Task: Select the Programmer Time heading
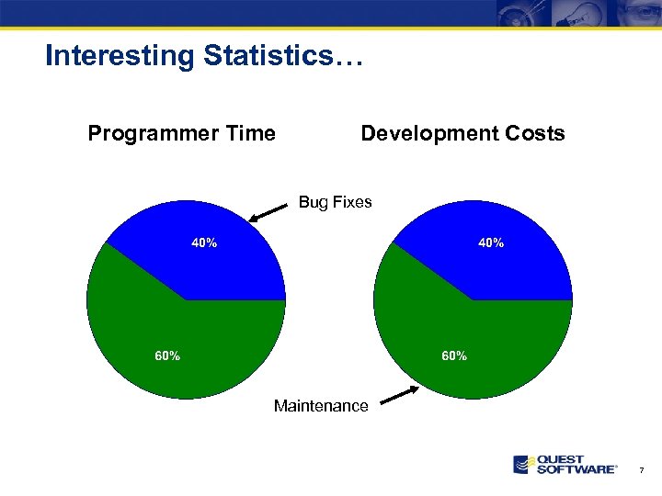(181, 134)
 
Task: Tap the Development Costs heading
(462, 134)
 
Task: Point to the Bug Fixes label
(335, 202)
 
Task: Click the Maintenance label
(321, 406)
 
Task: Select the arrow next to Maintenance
(399, 395)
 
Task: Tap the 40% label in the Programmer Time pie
(204, 243)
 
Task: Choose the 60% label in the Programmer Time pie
(166, 355)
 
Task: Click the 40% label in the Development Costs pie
(490, 243)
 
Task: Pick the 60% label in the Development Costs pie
(454, 355)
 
